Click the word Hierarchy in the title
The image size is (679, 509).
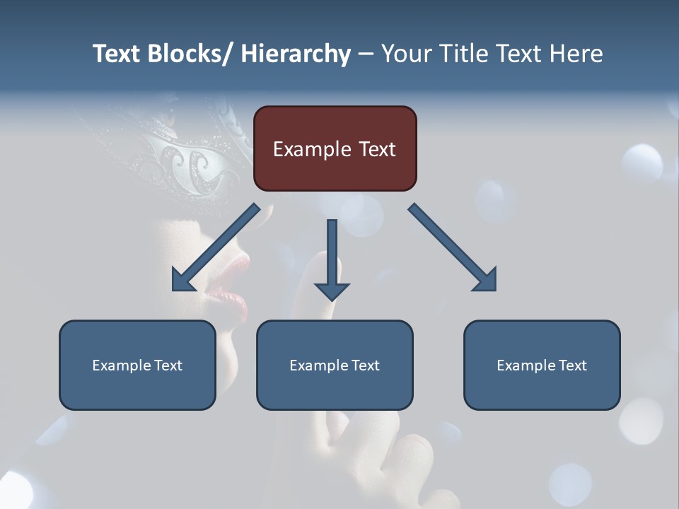point(296,54)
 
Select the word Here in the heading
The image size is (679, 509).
point(576,54)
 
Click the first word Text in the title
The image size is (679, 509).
point(117,54)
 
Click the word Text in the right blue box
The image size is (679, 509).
point(571,365)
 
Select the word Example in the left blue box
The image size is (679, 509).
point(121,365)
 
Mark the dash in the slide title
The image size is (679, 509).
point(366,54)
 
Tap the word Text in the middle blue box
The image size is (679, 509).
point(364,365)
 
